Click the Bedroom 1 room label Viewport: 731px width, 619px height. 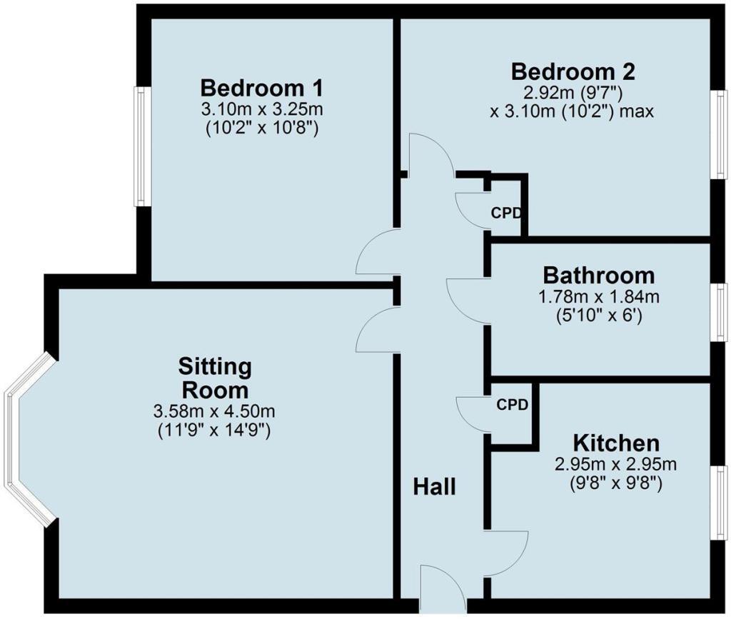coord(261,89)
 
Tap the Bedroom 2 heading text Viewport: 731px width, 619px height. coord(573,71)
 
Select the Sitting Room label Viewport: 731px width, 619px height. coord(215,378)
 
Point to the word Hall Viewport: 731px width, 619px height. coord(434,487)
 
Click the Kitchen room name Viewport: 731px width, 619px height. coord(616,442)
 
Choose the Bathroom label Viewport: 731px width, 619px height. coord(598,275)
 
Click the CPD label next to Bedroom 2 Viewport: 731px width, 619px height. coord(505,213)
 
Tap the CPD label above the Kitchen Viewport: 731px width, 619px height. coord(513,405)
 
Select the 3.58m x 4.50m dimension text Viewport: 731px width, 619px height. coord(214,412)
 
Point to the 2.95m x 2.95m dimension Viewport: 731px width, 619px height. coord(616,464)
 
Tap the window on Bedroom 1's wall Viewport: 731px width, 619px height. coord(142,146)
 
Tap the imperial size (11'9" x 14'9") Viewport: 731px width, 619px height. coord(214,431)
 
